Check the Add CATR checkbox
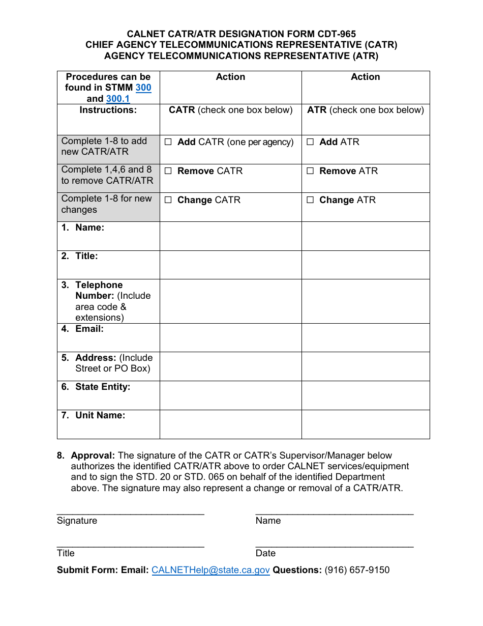pyautogui.click(x=168, y=143)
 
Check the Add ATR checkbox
pyautogui.click(x=310, y=143)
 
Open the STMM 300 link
pyautogui.click(x=143, y=88)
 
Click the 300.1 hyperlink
pyautogui.click(x=118, y=99)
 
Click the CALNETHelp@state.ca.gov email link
pyautogui.click(x=210, y=570)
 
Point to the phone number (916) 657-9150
pyautogui.click(x=357, y=570)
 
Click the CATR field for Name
pyautogui.click(x=230, y=236)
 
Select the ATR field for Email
pyautogui.click(x=366, y=337)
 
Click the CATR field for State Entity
pyautogui.click(x=230, y=395)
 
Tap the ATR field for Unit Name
pyautogui.click(x=366, y=424)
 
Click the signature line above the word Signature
pyautogui.click(x=131, y=512)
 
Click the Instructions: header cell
pyautogui.click(x=108, y=110)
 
